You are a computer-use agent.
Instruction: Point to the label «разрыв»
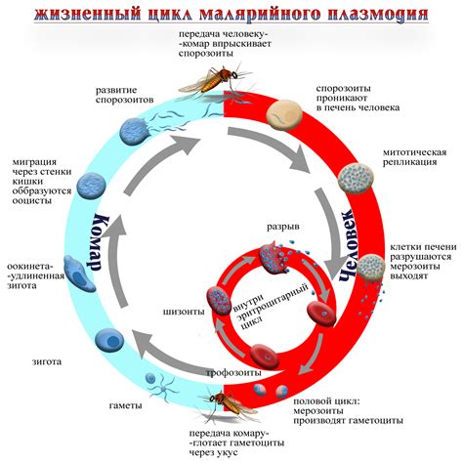282,227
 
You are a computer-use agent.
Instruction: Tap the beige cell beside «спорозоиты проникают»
287,116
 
